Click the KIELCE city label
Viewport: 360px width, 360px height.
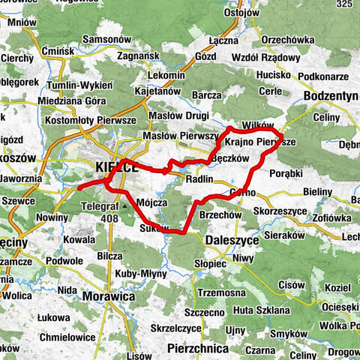[x=117, y=167]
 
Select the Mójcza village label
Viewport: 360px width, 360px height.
[x=152, y=202]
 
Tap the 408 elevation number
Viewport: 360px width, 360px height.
[x=110, y=217]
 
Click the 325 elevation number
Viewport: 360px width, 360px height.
[x=346, y=6]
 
